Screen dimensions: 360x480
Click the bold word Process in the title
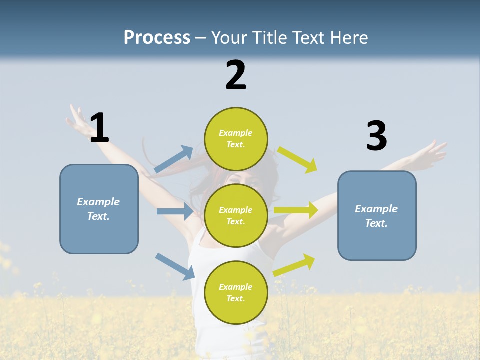point(157,38)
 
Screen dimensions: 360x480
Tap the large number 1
point(99,128)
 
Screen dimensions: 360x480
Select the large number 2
point(236,75)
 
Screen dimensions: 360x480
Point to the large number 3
point(376,136)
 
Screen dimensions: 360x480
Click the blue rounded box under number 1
point(99,209)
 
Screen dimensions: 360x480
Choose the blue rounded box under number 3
point(377,215)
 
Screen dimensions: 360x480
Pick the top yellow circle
point(236,139)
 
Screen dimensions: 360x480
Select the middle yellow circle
point(236,215)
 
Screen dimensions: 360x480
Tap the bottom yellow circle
point(236,292)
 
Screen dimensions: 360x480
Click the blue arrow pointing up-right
point(174,159)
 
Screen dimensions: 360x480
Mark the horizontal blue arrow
point(175,211)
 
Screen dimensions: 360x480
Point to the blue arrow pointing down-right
point(175,266)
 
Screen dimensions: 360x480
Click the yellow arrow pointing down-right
point(298,159)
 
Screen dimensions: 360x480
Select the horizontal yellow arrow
point(296,210)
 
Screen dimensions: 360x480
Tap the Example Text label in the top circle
point(236,139)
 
